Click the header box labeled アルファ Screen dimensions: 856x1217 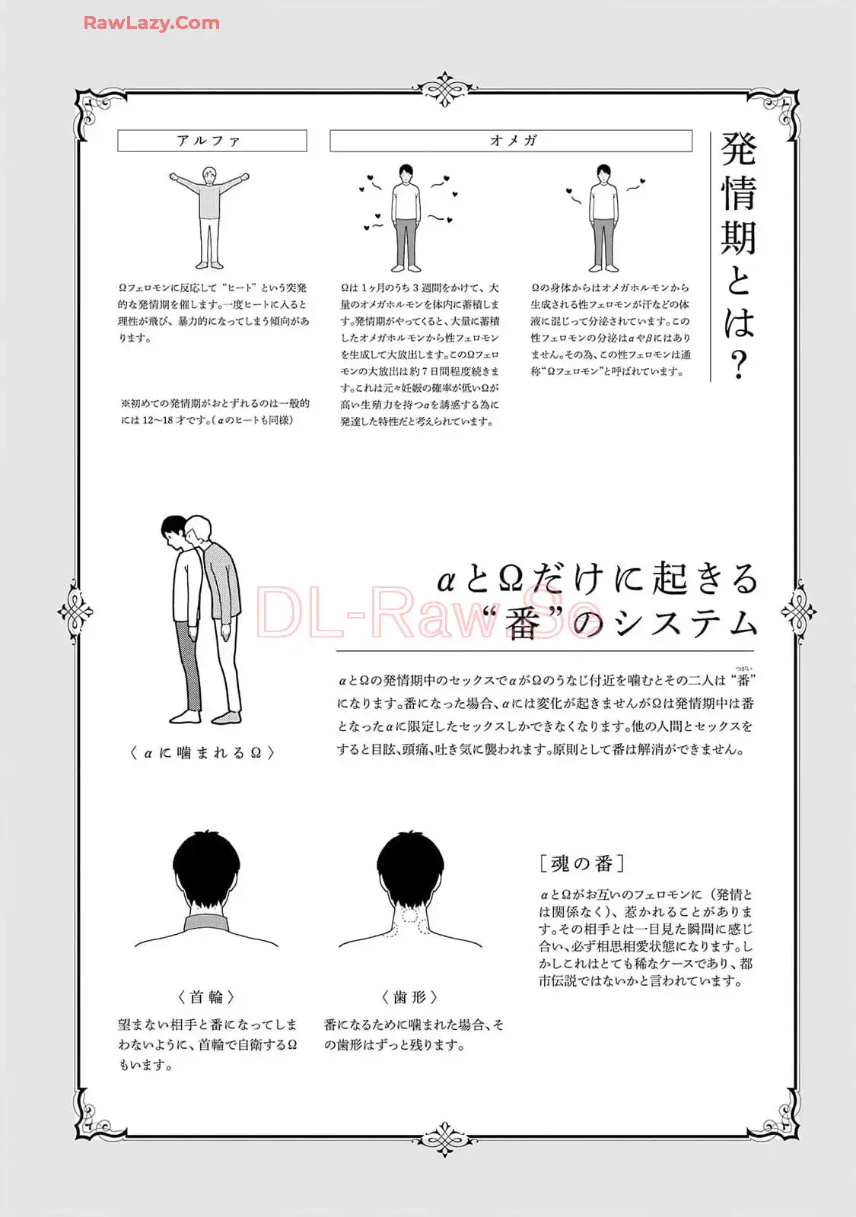tap(212, 141)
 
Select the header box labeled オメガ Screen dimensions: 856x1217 tap(511, 141)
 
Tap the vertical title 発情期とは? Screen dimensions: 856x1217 tap(739, 256)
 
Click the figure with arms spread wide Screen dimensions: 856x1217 tap(209, 218)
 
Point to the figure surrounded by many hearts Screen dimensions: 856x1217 tap(406, 218)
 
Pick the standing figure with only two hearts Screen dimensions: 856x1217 tap(604, 218)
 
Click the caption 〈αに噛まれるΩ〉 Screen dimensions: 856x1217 tap(202, 752)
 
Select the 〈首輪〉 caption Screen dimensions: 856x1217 tap(206, 997)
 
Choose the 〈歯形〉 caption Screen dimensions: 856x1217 tap(410, 997)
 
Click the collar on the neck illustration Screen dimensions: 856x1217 tap(206, 923)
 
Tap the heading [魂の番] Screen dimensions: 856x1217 tap(582, 863)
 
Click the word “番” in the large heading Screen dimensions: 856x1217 tap(522, 624)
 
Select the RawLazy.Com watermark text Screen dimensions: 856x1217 tap(151, 23)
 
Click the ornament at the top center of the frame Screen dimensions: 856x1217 tap(445, 88)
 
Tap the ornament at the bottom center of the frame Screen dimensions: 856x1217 tap(445, 1138)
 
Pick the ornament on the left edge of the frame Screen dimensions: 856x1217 tap(75, 612)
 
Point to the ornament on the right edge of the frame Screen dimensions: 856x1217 tap(798, 612)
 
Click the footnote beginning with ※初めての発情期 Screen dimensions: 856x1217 tap(215, 411)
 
